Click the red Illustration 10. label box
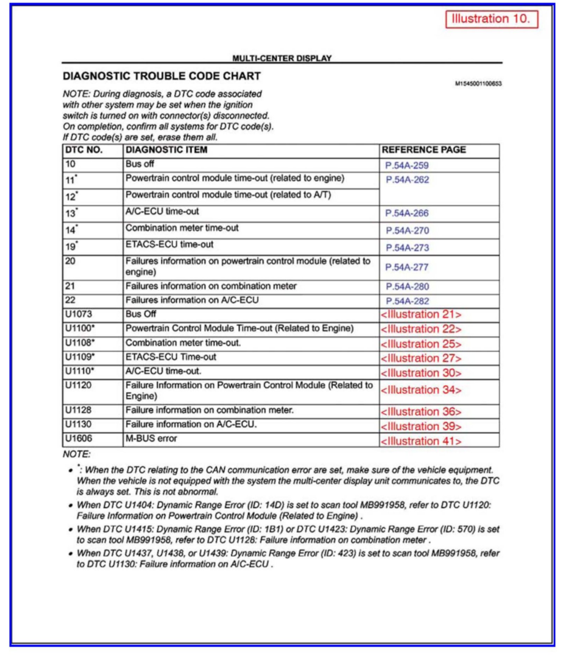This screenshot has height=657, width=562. [x=491, y=19]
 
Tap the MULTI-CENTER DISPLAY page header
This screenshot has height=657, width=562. [x=282, y=58]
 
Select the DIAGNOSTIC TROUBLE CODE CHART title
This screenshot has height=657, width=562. [x=162, y=76]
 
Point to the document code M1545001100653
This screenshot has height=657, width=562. [x=478, y=84]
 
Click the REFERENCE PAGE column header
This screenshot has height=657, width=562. [x=424, y=150]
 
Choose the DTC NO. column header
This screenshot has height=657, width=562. [x=84, y=150]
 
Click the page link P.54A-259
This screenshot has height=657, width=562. [x=407, y=165]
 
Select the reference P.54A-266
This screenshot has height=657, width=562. [x=407, y=213]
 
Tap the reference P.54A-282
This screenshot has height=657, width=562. [x=407, y=301]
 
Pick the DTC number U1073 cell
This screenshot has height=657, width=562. [x=79, y=314]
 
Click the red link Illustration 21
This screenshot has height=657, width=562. [x=421, y=315]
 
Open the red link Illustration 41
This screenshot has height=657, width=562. [x=421, y=441]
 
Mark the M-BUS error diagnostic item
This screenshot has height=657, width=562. [x=151, y=438]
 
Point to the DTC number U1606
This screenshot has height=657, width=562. [x=79, y=438]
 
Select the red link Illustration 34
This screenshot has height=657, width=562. [x=421, y=390]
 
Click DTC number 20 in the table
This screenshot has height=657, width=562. [x=70, y=261]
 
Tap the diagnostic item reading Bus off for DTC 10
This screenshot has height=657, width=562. [x=140, y=164]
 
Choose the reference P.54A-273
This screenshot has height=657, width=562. [x=407, y=248]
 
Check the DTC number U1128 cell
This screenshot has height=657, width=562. [x=79, y=410]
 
